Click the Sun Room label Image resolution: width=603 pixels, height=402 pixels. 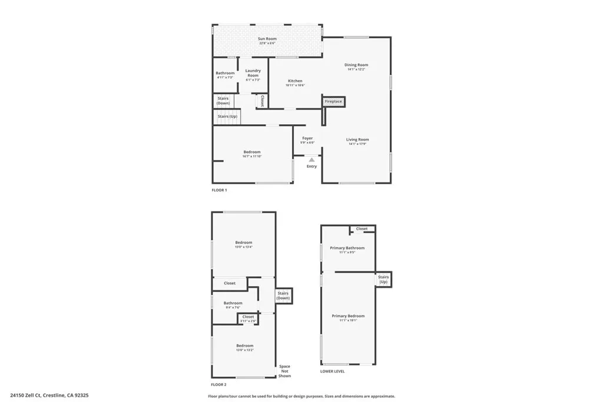[267, 39]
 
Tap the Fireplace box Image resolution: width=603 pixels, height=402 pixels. [333, 102]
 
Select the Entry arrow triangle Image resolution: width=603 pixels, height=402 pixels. [312, 160]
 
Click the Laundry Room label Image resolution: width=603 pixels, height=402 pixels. [253, 73]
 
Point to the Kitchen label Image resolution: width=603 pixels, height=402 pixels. [295, 81]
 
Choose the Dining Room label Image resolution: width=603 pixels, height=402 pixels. [356, 65]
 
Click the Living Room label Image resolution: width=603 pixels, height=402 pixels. [357, 139]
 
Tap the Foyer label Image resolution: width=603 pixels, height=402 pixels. [307, 138]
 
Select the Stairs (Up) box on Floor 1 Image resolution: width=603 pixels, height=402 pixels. [227, 117]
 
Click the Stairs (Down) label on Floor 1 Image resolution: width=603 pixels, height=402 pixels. [223, 101]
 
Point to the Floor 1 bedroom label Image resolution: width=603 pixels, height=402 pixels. [251, 152]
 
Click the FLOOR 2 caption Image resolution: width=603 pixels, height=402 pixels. [219, 384]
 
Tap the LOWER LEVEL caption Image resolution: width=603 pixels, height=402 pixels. [333, 371]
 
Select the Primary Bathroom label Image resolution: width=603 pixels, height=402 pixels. [347, 248]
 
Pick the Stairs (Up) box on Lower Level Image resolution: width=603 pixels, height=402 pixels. [383, 279]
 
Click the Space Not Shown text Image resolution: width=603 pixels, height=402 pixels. [284, 371]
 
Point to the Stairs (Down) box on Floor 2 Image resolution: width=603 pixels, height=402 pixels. [283, 295]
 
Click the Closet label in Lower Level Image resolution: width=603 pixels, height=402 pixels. [362, 229]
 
